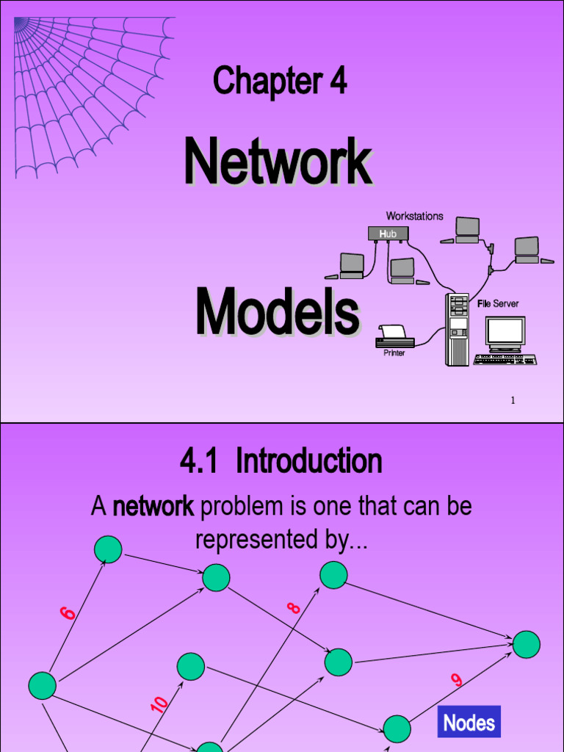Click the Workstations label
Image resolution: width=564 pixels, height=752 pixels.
415,216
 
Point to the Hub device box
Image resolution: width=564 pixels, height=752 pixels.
388,234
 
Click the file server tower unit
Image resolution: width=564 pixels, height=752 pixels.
457,329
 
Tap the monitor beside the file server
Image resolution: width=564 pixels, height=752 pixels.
505,334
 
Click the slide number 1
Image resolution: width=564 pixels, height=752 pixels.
513,400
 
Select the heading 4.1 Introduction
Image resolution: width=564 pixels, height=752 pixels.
281,462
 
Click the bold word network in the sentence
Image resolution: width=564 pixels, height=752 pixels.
153,507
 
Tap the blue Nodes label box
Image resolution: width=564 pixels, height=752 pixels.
469,723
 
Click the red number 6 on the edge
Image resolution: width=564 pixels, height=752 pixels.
68,612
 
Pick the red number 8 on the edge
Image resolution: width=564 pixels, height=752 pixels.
294,608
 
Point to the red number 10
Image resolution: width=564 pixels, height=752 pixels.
159,705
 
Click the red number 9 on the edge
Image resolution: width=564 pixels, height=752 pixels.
457,680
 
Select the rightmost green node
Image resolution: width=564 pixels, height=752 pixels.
527,644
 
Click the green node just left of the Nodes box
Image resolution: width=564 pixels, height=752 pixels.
397,728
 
